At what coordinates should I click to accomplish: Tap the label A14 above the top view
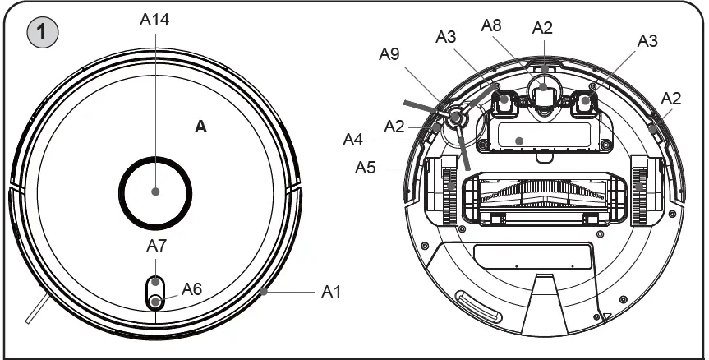155,21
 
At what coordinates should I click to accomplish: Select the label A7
156,245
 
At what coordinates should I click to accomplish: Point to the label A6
191,288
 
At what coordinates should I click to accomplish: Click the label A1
331,292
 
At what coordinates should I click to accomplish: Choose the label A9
390,54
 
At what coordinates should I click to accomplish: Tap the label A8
492,27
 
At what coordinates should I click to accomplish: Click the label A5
366,168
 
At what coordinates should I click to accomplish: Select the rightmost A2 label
672,98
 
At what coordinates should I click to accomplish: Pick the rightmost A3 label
648,41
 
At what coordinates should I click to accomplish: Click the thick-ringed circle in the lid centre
156,192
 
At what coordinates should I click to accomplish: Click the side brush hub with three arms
456,119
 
